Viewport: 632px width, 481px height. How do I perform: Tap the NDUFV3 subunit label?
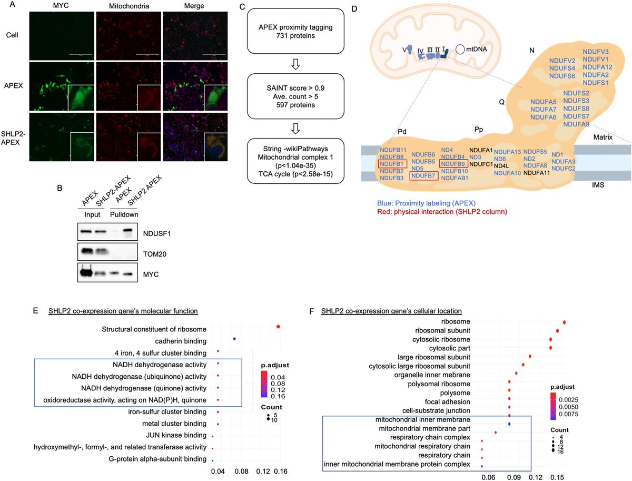click(595, 52)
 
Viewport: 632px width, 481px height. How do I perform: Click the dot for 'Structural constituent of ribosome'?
click(278, 327)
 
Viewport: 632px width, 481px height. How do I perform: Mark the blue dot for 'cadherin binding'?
click(234, 339)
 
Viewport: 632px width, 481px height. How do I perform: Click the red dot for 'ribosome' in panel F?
click(565, 322)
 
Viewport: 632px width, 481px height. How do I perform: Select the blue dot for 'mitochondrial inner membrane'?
click(509, 424)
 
